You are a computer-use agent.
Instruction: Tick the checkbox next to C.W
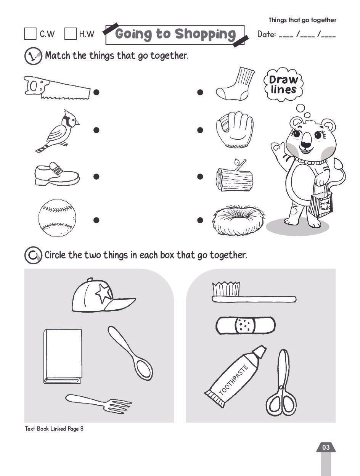tap(30, 34)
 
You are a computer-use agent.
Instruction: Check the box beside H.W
tap(71, 34)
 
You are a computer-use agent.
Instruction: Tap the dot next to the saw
tap(96, 92)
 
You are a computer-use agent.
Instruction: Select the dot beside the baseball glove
tap(200, 130)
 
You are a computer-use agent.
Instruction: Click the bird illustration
tap(57, 131)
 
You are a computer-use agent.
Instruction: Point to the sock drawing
tap(235, 84)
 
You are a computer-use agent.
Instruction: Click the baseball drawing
tap(57, 218)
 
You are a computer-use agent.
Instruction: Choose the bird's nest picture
tap(238, 220)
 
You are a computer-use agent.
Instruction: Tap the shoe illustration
tap(57, 174)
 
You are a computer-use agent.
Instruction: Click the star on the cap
tap(104, 293)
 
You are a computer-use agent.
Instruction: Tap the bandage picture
tap(246, 326)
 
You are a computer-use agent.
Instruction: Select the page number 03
tap(326, 447)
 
